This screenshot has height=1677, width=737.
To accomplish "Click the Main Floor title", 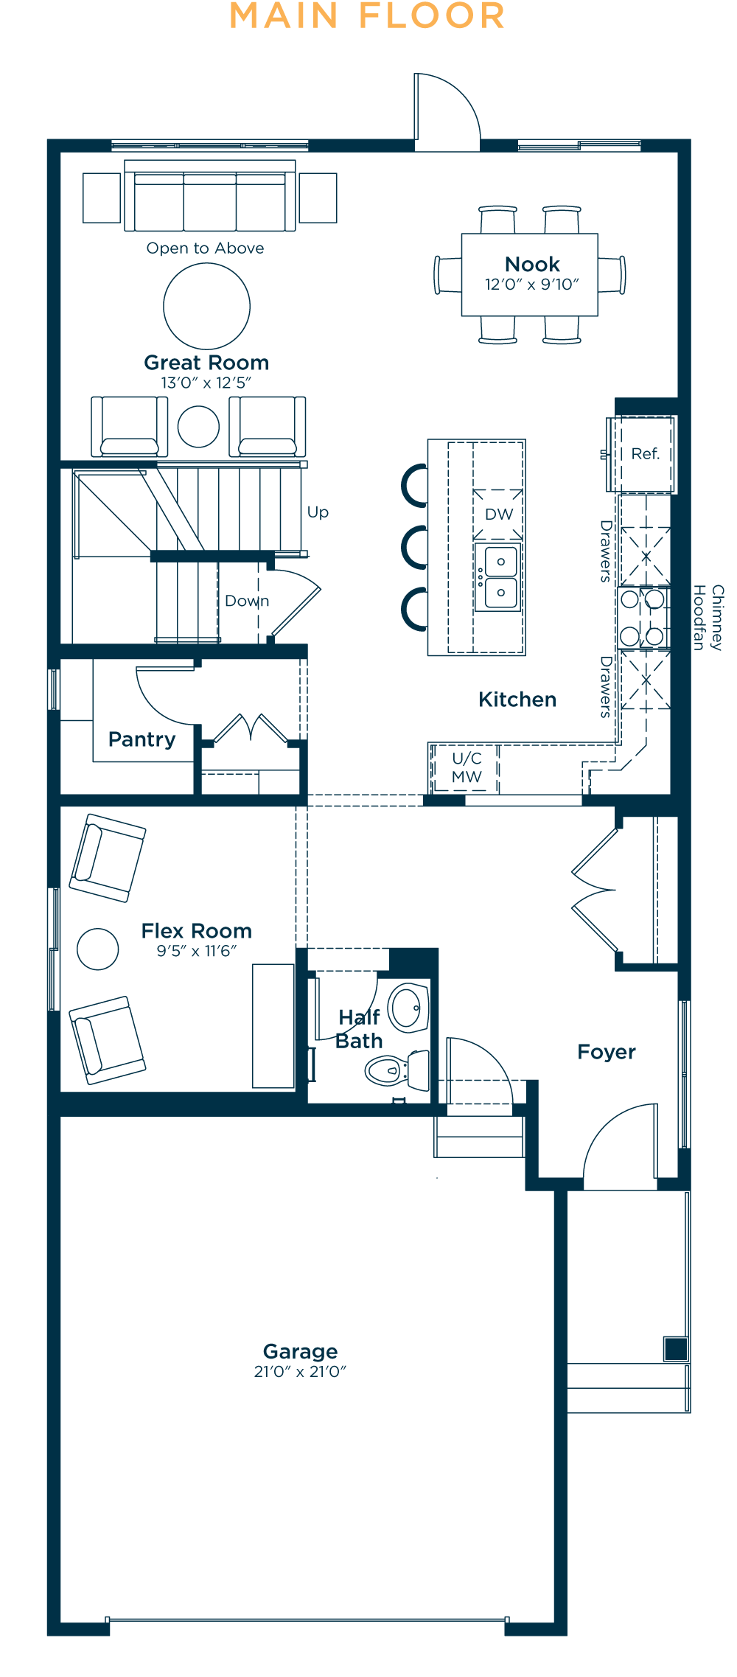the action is point(367,16).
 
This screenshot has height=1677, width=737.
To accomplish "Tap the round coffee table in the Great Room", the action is point(206,306).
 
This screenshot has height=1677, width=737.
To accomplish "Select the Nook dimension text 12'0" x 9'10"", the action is point(531,285).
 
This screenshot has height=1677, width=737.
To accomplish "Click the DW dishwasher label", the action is point(498,514).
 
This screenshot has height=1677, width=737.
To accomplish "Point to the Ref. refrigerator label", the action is point(645,453).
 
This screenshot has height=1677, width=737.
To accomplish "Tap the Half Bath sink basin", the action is point(408,1007).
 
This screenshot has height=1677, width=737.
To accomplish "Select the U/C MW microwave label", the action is point(467,767).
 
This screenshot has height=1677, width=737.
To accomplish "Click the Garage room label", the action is point(300,1351).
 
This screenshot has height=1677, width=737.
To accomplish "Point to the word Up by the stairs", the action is point(318,512).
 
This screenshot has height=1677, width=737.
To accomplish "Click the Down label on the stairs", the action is point(247,601).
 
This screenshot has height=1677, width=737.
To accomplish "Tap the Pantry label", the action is point(142,739).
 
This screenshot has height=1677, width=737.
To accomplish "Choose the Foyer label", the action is point(607,1052).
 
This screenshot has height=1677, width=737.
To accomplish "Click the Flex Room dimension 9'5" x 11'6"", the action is point(197,951).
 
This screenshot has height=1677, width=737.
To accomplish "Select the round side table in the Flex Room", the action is point(98,949).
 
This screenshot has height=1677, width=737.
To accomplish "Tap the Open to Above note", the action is point(205,248).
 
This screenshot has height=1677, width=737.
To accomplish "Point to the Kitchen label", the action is point(517,700).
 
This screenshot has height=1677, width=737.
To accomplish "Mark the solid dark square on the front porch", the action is point(676,1349).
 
